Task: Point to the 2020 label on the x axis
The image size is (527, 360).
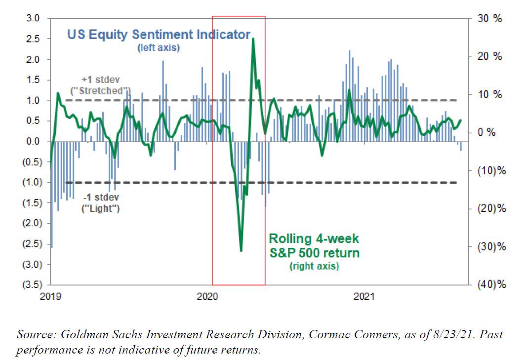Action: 207,297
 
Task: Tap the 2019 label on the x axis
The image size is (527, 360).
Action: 50,297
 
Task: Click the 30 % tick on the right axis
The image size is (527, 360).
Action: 490,19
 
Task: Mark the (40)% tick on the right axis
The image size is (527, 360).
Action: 492,285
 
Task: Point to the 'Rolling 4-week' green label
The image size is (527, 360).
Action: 314,239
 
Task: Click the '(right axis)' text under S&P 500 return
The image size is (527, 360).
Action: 314,267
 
